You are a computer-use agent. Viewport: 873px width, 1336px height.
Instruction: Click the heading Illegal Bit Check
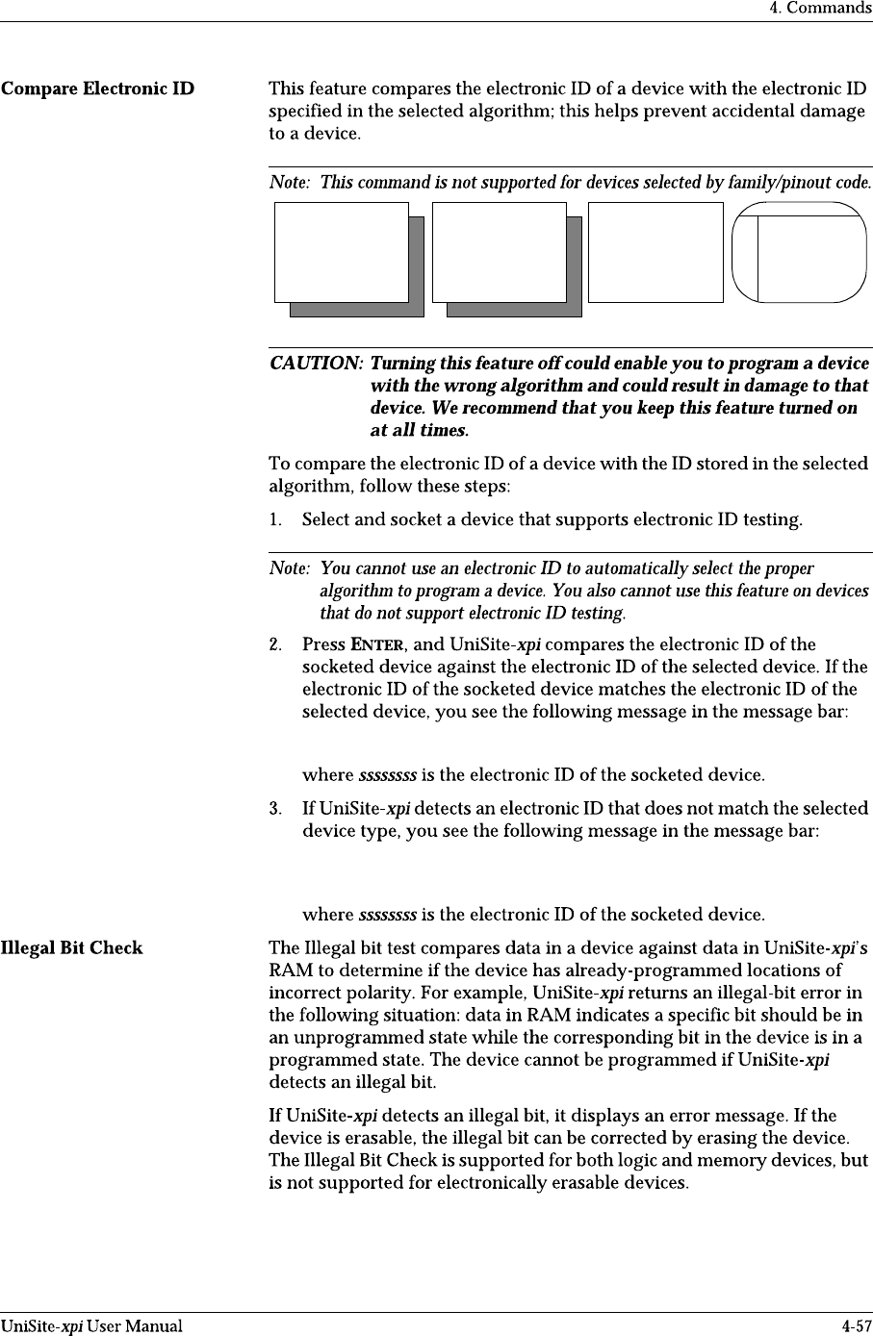[x=72, y=947]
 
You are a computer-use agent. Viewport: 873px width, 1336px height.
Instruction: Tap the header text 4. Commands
[x=819, y=9]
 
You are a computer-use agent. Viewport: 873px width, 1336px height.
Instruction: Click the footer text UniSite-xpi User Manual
[x=91, y=1326]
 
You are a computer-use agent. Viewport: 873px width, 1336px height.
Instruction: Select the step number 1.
[x=275, y=520]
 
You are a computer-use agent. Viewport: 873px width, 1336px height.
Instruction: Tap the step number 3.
[x=275, y=808]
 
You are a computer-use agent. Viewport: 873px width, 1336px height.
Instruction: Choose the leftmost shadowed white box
[x=342, y=253]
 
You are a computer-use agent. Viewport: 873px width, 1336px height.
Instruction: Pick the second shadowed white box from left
[x=500, y=253]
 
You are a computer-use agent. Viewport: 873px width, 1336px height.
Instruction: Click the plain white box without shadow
[x=655, y=252]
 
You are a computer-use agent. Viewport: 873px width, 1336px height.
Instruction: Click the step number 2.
[x=275, y=644]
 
